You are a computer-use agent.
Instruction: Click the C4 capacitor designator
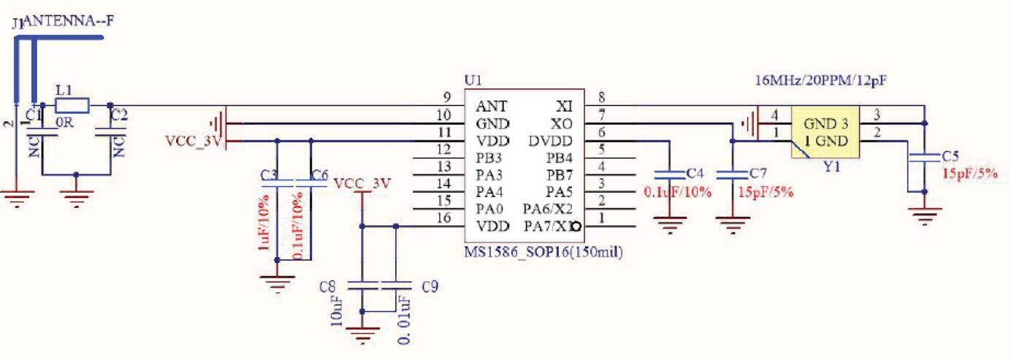(x=695, y=174)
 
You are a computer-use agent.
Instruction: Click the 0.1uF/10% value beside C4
(x=677, y=192)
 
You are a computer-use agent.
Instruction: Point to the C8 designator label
(x=327, y=286)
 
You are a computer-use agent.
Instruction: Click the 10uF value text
(x=337, y=312)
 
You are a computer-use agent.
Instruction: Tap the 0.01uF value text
(x=403, y=319)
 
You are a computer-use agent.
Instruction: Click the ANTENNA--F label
(x=69, y=22)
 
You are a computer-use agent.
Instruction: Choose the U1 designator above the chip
(x=473, y=80)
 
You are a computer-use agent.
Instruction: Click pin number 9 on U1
(x=446, y=97)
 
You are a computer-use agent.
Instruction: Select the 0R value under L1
(x=66, y=123)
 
